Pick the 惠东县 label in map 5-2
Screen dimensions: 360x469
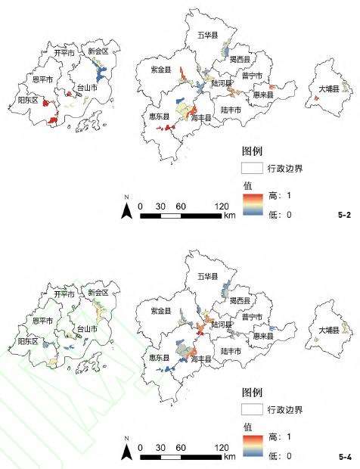click(158, 116)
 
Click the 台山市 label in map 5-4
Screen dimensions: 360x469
click(88, 330)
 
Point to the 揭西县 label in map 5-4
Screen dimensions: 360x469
click(240, 300)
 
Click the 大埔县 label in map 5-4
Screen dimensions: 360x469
click(328, 331)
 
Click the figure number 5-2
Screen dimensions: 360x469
click(344, 216)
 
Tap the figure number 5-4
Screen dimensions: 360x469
click(344, 457)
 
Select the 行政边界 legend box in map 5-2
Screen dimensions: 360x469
click(252, 167)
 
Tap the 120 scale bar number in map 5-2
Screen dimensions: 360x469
click(222, 206)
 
